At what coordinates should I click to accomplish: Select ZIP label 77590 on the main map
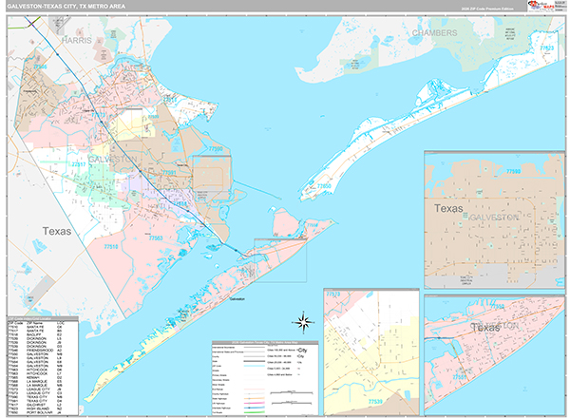click(x=216, y=150)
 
